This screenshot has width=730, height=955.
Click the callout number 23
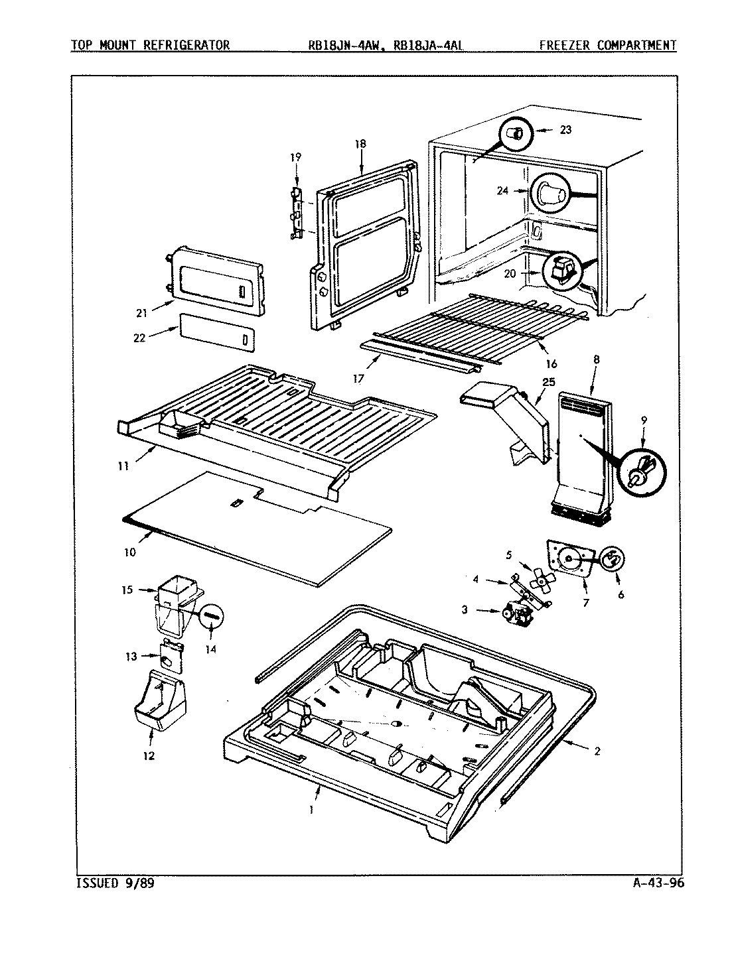pos(565,130)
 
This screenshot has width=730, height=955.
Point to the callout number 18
pos(360,144)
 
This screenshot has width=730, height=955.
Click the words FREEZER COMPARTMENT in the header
pos(607,46)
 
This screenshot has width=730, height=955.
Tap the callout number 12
pos(150,755)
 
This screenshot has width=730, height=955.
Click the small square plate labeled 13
pos(171,658)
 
